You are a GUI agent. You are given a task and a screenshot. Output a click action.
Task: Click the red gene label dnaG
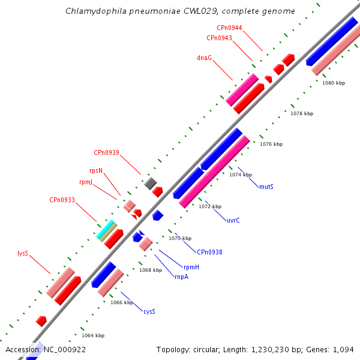tap(204, 58)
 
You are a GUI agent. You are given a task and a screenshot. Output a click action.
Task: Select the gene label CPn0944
tap(229, 28)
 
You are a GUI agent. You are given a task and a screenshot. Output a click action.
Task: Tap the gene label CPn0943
tap(219, 38)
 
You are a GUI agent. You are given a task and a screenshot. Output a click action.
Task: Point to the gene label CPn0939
tap(106, 152)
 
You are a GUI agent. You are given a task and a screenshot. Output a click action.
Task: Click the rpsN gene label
tap(95, 170)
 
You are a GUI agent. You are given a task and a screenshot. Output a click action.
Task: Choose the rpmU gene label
tap(86, 182)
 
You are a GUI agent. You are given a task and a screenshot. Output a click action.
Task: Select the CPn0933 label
tap(62, 200)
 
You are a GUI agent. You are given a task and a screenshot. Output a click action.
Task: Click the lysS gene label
tap(23, 253)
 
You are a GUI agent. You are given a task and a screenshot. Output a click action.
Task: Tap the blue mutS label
tap(266, 187)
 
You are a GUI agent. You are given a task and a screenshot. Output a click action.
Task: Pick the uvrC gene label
tap(233, 220)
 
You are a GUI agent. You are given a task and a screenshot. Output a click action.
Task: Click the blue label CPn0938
tap(209, 252)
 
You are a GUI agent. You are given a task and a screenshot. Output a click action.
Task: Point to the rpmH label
tap(191, 266)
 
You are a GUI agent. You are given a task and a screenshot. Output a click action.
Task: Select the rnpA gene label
tap(181, 277)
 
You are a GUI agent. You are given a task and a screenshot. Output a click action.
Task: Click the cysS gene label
tap(149, 311)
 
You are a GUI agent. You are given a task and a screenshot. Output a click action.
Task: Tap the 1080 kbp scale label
tap(334, 83)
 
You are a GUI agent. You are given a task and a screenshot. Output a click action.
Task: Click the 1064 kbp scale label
tap(93, 335)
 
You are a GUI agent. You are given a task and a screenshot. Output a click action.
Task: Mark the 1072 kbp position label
tap(210, 206)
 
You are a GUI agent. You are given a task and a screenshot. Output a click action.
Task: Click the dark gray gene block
tap(150, 183)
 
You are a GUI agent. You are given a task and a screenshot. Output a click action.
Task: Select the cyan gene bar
tap(106, 229)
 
